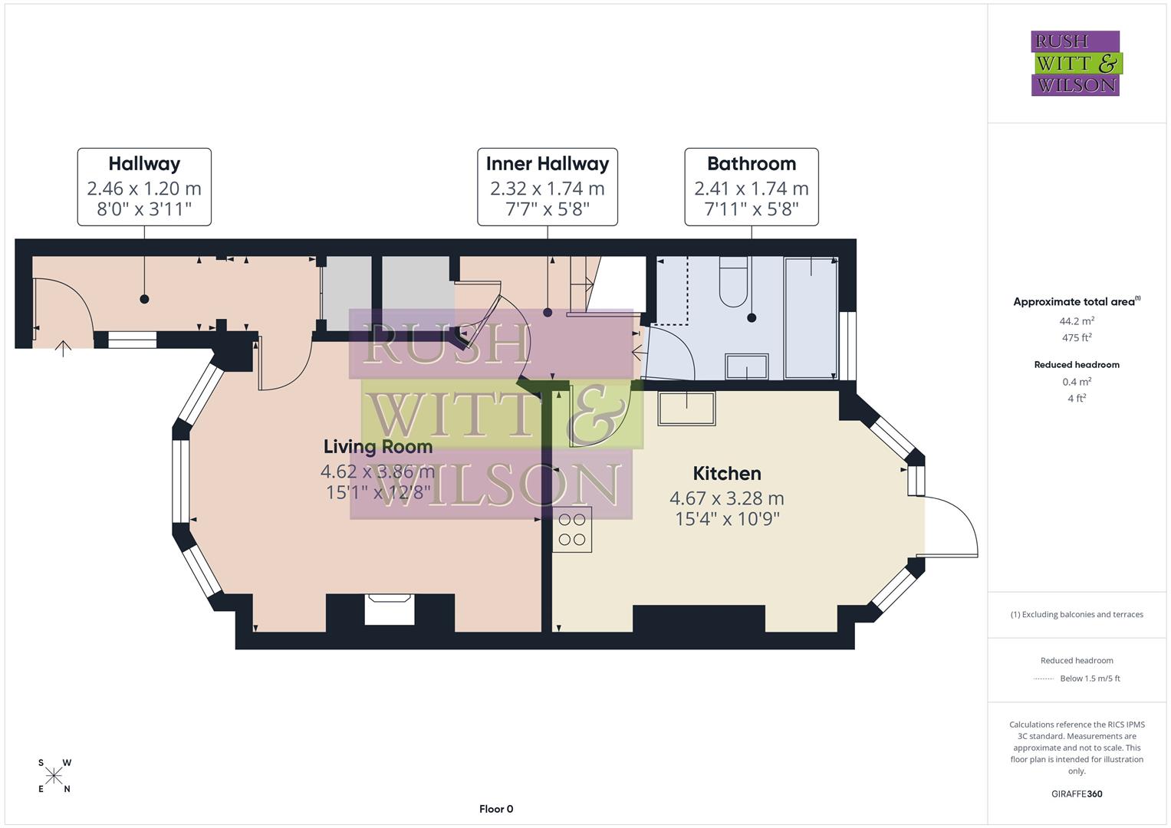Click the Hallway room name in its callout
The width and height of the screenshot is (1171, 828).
tap(144, 164)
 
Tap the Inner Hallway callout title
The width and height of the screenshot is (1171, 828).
tap(547, 164)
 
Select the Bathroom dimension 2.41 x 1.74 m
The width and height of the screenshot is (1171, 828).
tap(751, 189)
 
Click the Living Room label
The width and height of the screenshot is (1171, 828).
tap(377, 446)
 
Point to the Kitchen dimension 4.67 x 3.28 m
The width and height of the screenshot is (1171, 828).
tap(726, 498)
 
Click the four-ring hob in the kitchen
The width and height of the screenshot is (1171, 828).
tap(572, 529)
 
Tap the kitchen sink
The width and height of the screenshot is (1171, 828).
tap(686, 409)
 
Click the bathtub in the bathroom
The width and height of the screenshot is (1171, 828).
tap(810, 317)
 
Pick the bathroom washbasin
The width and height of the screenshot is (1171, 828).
tap(746, 366)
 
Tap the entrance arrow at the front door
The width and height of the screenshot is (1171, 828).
tap(63, 350)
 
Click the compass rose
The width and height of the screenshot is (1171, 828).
tap(54, 776)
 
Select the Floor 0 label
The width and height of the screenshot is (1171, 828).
tap(496, 809)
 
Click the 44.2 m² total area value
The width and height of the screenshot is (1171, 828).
tap(1077, 321)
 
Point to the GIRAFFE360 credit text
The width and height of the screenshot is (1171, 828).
tap(1077, 793)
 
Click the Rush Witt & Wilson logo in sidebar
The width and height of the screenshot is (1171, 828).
tap(1075, 64)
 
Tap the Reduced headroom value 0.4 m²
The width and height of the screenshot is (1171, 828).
tap(1077, 382)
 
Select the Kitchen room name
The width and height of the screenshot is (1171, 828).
tap(726, 473)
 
